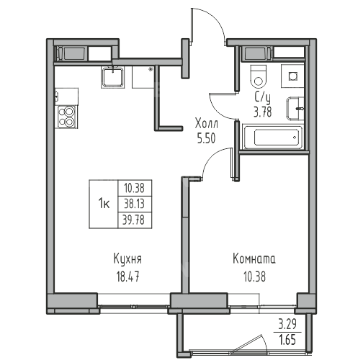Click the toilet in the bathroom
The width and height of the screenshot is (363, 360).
coord(258,76)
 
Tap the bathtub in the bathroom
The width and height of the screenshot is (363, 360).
coord(273,137)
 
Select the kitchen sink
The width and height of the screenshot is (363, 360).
coord(112,77)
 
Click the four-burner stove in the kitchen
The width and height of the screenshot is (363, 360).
coord(66,117)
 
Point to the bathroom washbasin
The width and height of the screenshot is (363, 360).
coord(295,109)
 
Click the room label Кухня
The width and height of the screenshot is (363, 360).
coord(127,259)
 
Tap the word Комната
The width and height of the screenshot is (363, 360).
coord(254,259)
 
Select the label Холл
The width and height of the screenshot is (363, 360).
coord(207,124)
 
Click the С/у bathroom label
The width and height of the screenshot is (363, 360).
coord(263,97)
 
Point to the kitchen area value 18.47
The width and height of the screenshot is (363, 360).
coord(127,276)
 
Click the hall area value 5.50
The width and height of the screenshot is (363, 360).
coord(206,138)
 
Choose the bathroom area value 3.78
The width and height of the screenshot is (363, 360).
coord(263,112)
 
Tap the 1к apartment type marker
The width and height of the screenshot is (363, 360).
coord(104,204)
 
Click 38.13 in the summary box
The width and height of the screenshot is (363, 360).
coord(134,204)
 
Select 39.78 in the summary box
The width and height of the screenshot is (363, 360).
coord(134,220)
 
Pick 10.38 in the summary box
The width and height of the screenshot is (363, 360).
coord(134,188)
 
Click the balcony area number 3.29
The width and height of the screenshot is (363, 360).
coord(287,325)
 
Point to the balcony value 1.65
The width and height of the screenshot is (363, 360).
coord(287,341)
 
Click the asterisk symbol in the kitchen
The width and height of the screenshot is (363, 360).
coord(151,70)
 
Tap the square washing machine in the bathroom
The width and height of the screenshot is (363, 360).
coord(292,76)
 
